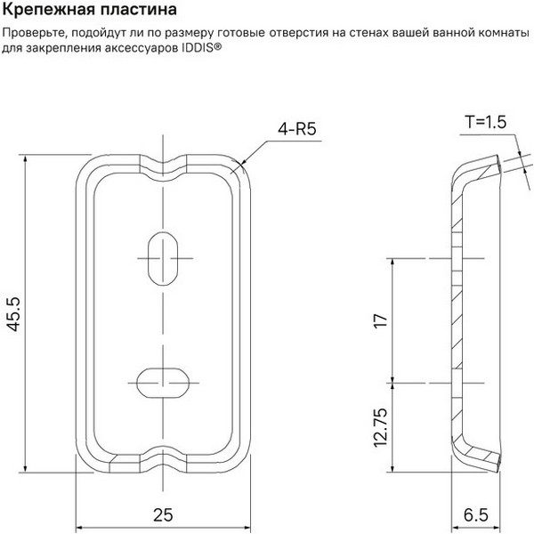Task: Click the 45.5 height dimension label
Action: [14, 314]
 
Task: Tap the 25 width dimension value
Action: [163, 515]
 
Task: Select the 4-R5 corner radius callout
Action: [297, 129]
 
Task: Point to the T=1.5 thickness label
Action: [486, 122]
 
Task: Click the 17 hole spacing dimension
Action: [381, 320]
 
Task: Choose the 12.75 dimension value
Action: [381, 427]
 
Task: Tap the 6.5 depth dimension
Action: [476, 515]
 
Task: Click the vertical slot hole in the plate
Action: [163, 258]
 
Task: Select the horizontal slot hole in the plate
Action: [163, 383]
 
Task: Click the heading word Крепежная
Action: [48, 9]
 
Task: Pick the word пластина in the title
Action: [138, 9]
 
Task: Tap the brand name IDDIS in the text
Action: [199, 48]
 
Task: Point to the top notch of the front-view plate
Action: [163, 167]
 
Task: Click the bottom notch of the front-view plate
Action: [163, 459]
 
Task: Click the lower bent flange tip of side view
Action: [498, 463]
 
